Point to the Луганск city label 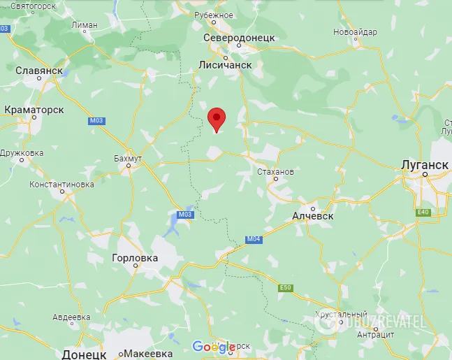click(425, 164)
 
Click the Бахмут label click(128, 159)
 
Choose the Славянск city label click(39, 71)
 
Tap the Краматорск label click(34, 110)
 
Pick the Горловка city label click(135, 258)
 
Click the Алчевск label click(312, 216)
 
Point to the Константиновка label click(61, 185)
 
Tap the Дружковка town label click(22, 152)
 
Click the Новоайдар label click(355, 32)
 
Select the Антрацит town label click(375, 334)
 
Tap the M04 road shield click(253, 239)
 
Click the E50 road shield click(284, 287)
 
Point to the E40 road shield click(423, 212)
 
